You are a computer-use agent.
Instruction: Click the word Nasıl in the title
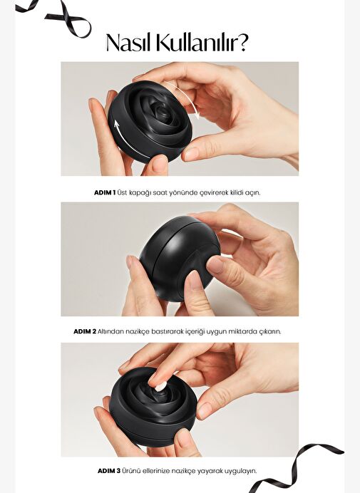[x=129, y=42]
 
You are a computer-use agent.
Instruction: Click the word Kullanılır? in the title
[x=202, y=42]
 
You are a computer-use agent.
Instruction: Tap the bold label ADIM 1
[x=105, y=192]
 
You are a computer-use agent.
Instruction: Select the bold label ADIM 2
[x=85, y=331]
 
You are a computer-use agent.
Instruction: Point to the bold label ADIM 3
[x=108, y=471]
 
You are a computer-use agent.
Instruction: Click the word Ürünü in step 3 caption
[x=131, y=471]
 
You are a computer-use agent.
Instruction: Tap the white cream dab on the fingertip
[x=160, y=386]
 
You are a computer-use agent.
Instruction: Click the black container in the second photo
[x=180, y=258]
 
